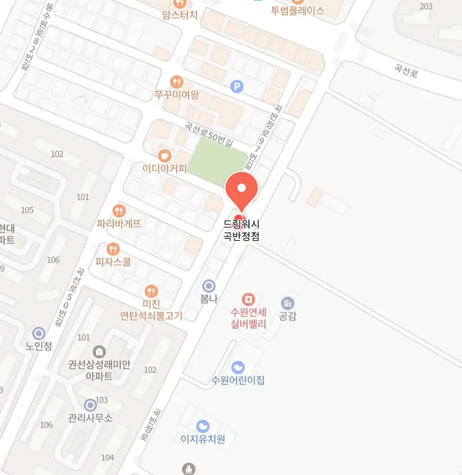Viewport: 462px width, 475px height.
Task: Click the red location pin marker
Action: [241, 189]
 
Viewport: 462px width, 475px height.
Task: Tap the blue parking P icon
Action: [237, 86]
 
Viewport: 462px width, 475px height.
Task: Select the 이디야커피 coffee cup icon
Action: [164, 155]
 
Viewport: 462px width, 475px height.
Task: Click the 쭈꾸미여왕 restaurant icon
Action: [177, 82]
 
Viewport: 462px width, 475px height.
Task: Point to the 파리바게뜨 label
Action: [119, 223]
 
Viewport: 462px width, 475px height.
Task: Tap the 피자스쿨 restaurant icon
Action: [113, 249]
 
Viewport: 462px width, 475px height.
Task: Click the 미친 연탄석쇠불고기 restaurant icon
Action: [151, 291]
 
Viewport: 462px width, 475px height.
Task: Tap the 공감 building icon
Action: [287, 303]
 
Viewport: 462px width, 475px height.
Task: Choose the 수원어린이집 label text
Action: [238, 381]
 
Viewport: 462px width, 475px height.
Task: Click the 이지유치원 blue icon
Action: [203, 426]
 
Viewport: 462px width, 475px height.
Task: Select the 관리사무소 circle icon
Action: [90, 405]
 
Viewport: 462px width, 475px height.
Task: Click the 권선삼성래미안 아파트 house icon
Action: [99, 352]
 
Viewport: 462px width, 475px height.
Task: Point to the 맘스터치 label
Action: [180, 15]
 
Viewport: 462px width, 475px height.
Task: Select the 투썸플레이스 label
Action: [298, 11]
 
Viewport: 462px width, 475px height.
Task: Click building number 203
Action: [426, 6]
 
